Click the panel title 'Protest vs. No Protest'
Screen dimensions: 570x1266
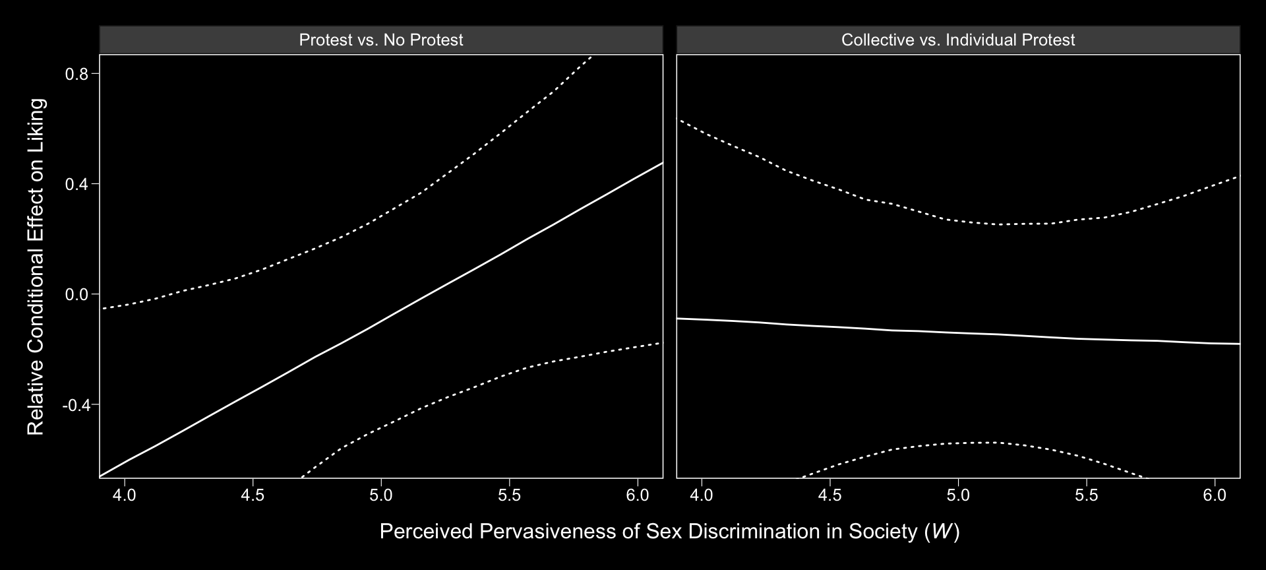point(381,40)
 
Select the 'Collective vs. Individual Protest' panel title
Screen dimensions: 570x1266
point(958,40)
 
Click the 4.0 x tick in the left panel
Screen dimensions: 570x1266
point(125,495)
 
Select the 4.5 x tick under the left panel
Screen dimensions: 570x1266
point(253,495)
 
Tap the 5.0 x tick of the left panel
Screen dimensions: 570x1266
point(381,495)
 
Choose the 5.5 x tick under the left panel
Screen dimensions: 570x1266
point(510,495)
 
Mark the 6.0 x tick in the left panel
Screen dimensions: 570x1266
point(638,495)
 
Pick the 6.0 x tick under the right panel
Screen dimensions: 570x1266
point(1215,495)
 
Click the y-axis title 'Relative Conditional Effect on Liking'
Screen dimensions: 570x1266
point(36,267)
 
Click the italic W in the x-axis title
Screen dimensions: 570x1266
point(941,532)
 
